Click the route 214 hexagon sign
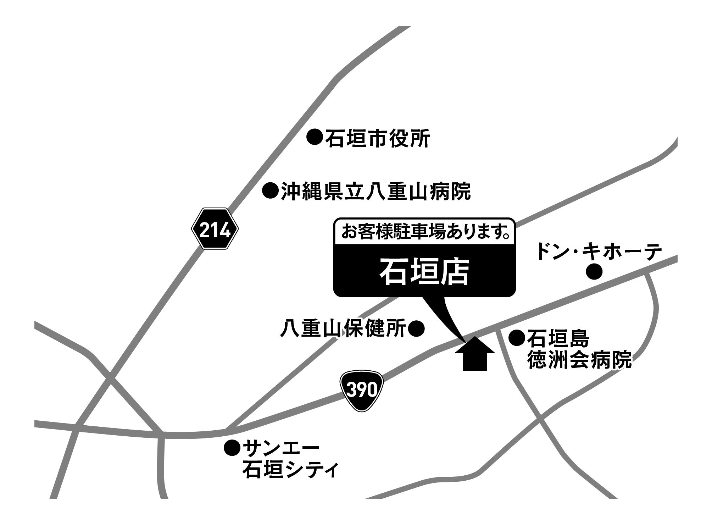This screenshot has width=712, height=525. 215,229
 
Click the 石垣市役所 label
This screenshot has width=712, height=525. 377,138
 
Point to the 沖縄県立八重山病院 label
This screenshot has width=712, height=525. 376,191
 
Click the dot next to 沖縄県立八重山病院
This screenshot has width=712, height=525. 270,191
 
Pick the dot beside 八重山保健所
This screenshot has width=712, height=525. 416,328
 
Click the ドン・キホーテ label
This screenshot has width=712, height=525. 599,252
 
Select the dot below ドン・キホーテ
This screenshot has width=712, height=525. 594,272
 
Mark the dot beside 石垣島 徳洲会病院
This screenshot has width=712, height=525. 517,337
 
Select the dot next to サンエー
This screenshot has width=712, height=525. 232,448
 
